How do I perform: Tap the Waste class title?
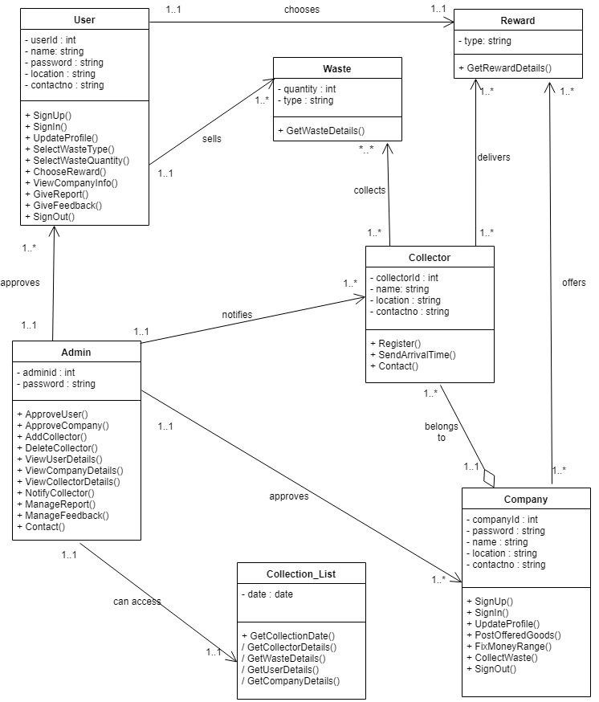(x=337, y=69)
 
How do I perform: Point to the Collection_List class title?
(x=301, y=574)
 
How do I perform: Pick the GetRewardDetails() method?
(x=505, y=67)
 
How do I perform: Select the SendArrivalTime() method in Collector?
(x=412, y=354)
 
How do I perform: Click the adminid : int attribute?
(x=47, y=372)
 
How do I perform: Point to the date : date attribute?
(x=267, y=594)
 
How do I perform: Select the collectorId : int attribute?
(x=405, y=278)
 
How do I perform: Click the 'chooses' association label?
(x=301, y=10)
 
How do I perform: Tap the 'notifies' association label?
(x=236, y=314)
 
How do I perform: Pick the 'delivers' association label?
(x=493, y=157)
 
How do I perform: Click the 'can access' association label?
(x=137, y=601)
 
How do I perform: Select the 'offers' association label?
(x=573, y=283)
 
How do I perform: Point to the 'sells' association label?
(x=212, y=138)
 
